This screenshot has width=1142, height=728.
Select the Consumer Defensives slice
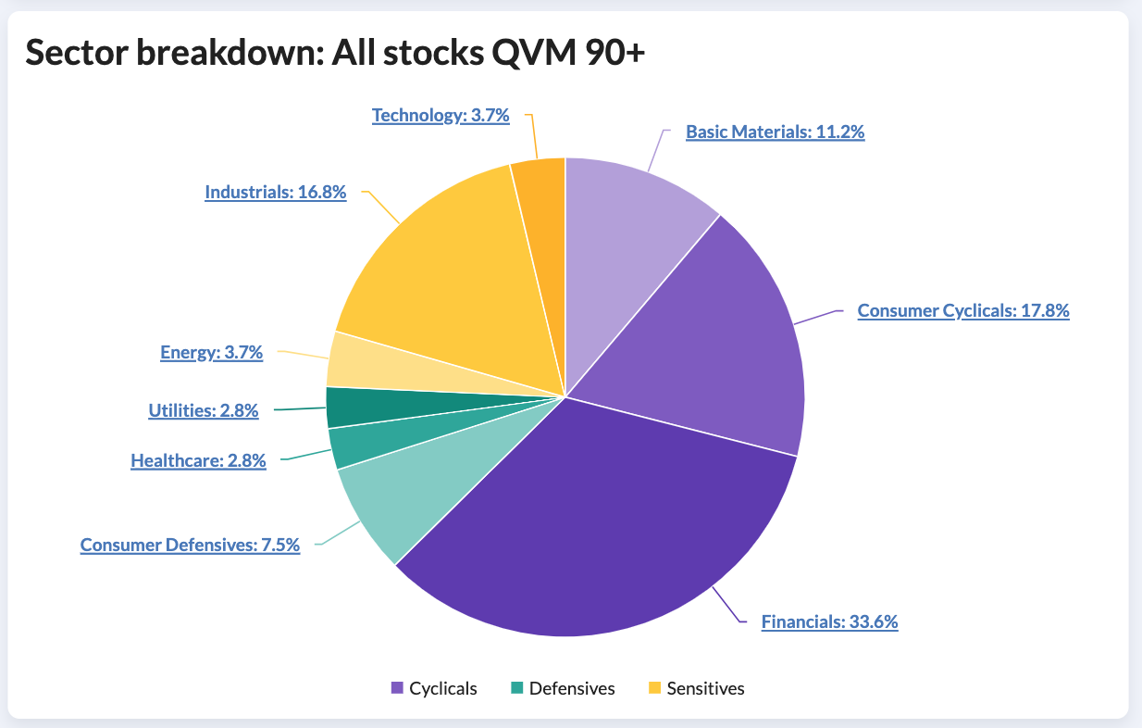point(408,490)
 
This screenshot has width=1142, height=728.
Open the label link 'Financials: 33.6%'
point(829,621)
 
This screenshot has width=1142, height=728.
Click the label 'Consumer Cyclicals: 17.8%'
point(963,310)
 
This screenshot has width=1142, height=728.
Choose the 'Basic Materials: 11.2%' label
point(775,132)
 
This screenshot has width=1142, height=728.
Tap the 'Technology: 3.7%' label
point(441,115)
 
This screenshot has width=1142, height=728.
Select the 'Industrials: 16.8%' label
point(275,193)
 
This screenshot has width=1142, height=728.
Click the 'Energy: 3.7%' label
point(212,353)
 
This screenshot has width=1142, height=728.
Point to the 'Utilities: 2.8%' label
point(204,410)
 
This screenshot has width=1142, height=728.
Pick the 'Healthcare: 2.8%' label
point(198,460)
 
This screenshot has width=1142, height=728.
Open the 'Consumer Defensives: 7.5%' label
point(190,545)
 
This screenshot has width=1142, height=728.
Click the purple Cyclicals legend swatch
point(397,687)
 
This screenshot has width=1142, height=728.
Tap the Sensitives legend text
point(705,688)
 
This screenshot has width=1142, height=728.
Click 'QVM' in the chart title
point(534,52)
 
